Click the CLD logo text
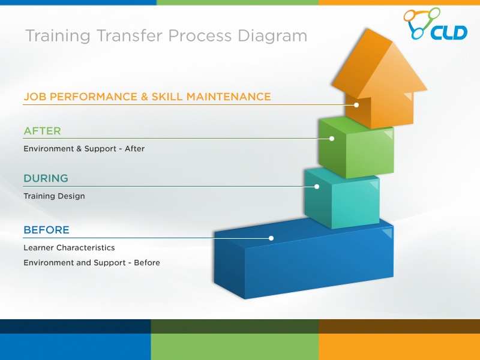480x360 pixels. (449, 32)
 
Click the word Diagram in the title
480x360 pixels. (272, 36)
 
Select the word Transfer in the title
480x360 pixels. (130, 35)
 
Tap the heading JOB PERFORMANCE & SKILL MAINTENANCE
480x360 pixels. (147, 97)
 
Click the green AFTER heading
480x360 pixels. (42, 131)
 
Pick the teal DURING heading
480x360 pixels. (46, 178)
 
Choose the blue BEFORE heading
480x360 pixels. (47, 230)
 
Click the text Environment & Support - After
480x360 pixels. (84, 149)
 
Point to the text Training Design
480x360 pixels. (54, 196)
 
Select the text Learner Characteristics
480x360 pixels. (69, 248)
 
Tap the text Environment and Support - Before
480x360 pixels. (92, 263)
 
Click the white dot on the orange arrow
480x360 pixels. (356, 105)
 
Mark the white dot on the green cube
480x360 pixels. (332, 139)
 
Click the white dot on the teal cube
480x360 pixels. (317, 187)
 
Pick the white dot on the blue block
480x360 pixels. (271, 238)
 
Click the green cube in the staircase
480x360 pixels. (356, 147)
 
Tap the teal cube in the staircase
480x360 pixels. (342, 198)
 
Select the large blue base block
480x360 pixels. (304, 259)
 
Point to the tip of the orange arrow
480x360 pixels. (367, 29)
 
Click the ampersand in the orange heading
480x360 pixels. (145, 97)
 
